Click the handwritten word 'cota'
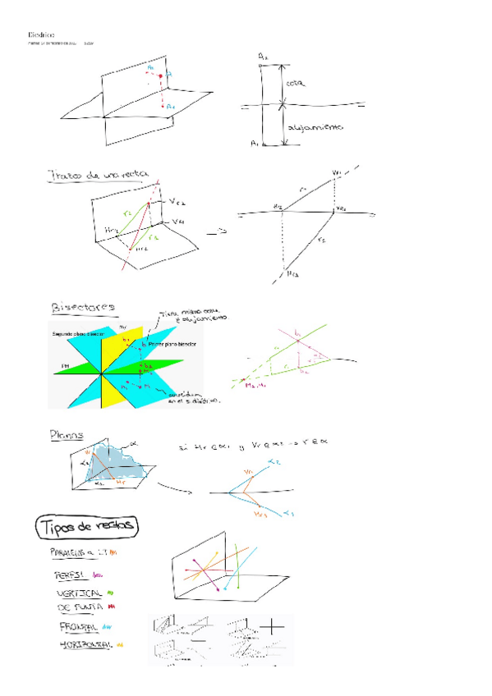click(x=297, y=84)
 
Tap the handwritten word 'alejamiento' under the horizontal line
click(x=316, y=127)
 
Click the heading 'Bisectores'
click(x=83, y=308)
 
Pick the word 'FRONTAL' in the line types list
click(x=78, y=626)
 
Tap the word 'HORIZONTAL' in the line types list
click(x=86, y=645)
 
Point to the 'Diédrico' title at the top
click(x=41, y=34)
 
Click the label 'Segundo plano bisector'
click(x=79, y=336)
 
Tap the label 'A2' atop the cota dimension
click(x=262, y=55)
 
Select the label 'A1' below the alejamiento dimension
click(x=255, y=143)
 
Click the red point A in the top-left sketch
click(x=161, y=76)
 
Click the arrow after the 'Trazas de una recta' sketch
click(x=216, y=233)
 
